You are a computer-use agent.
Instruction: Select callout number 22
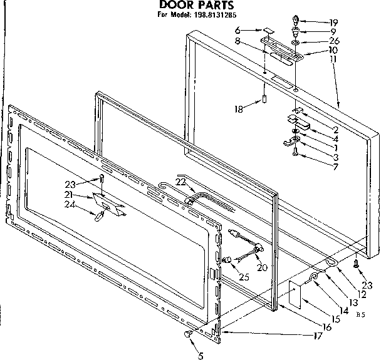pos(181,182)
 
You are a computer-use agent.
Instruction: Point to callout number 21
pos(79,195)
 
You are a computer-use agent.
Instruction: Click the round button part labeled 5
pos(188,336)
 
